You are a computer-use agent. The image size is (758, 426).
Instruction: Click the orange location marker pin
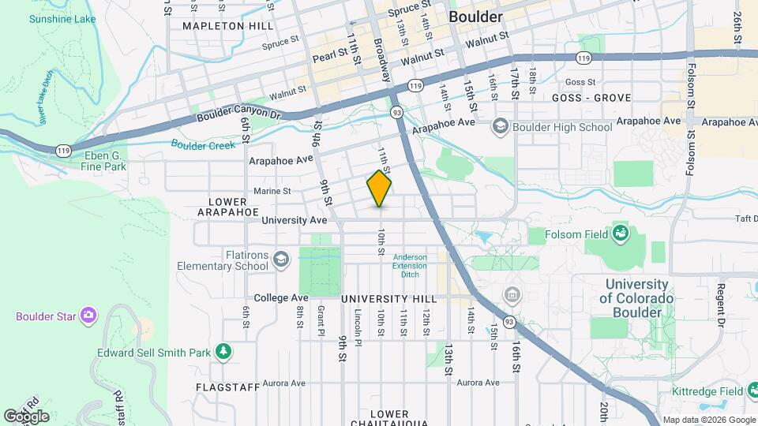pyautogui.click(x=379, y=189)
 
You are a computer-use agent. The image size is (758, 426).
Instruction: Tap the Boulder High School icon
pyautogui.click(x=500, y=126)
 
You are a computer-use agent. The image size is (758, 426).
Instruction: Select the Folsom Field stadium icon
pyautogui.click(x=621, y=234)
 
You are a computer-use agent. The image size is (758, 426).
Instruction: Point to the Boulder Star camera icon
pyautogui.click(x=88, y=316)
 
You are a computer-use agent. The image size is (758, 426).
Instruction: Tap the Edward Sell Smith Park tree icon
pyautogui.click(x=223, y=352)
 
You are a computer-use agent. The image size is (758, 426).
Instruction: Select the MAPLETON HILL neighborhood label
pyautogui.click(x=216, y=26)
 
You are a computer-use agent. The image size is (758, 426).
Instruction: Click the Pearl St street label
pyautogui.click(x=330, y=55)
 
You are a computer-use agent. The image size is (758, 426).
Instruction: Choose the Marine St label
pyautogui.click(x=272, y=191)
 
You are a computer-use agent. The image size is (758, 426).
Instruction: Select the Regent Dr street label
pyautogui.click(x=720, y=305)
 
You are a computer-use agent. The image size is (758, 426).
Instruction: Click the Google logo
pyautogui.click(x=26, y=416)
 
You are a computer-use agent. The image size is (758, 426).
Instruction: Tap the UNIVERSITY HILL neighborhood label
pyautogui.click(x=388, y=299)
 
